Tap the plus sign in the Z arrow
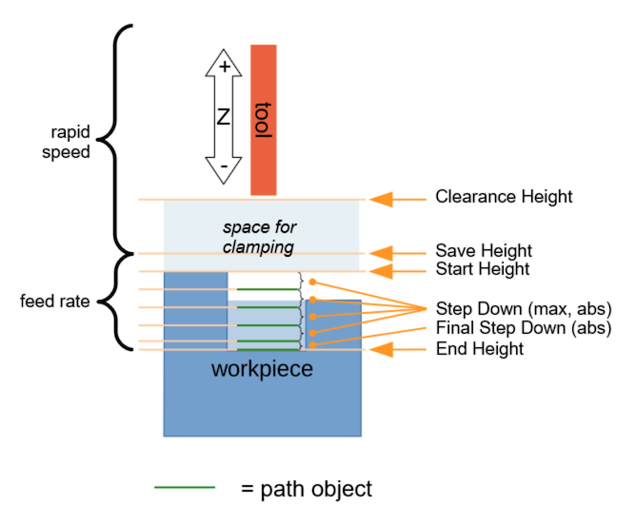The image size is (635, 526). (224, 67)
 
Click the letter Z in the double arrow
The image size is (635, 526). (224, 117)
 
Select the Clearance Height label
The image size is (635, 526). (504, 198)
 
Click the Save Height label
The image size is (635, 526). (483, 251)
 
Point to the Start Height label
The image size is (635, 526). (483, 269)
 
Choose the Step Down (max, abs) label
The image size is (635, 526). (523, 309)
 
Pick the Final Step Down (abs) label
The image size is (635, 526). (523, 329)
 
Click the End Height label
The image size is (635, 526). (479, 349)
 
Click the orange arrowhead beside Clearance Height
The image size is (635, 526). (382, 199)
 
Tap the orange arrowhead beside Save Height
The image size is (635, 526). (382, 252)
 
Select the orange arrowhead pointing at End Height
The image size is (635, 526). (382, 349)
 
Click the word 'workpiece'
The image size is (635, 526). (262, 368)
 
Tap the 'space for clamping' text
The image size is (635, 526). (259, 237)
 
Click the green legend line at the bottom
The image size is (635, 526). (185, 489)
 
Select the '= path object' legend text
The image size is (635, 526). (306, 489)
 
